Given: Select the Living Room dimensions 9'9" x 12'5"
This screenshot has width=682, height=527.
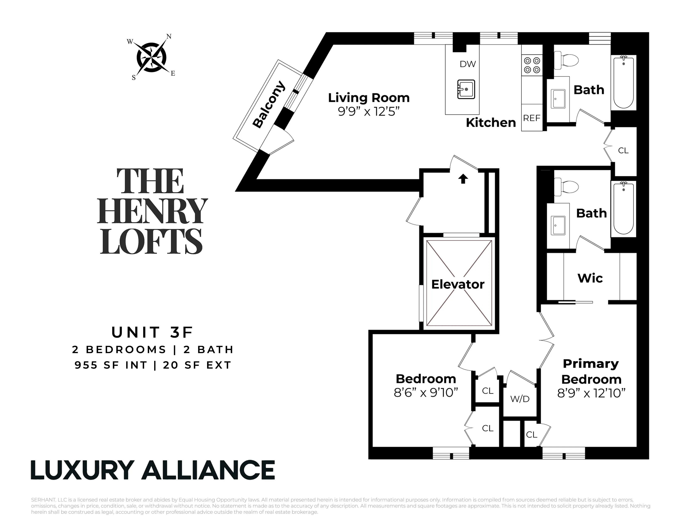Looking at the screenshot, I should click(368, 111).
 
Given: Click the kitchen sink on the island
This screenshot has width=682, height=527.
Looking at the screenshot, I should click(466, 89).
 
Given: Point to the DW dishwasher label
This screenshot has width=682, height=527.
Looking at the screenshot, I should click(467, 64).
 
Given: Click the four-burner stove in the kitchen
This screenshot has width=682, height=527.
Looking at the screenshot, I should click(532, 65).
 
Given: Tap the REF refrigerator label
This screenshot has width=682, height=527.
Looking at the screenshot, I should click(532, 118).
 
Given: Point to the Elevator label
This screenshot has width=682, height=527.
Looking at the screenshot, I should click(458, 284).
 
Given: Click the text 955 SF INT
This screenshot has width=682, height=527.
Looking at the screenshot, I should click(111, 365).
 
